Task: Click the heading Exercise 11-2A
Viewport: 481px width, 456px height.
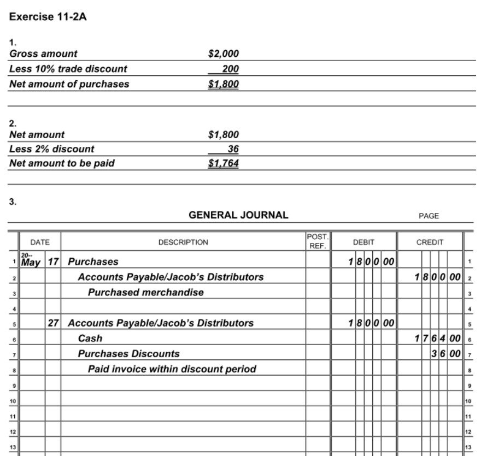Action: tap(48, 17)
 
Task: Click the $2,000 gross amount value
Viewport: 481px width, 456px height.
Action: tap(224, 54)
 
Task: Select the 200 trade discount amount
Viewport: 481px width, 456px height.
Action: tap(230, 69)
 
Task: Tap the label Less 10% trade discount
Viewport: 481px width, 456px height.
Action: tap(68, 69)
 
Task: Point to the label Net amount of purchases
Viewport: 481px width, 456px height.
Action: tap(69, 84)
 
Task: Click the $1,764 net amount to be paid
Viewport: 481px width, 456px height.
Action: tap(224, 163)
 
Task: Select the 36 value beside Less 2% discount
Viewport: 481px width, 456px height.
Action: tap(233, 149)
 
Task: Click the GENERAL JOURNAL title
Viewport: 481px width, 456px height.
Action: tap(238, 215)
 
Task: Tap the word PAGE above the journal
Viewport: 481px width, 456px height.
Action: tap(429, 216)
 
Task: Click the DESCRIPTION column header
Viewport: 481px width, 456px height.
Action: tap(183, 242)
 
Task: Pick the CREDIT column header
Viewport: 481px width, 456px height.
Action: tap(430, 242)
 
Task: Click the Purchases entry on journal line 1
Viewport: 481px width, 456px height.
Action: tap(93, 262)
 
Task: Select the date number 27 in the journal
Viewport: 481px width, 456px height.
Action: tap(53, 323)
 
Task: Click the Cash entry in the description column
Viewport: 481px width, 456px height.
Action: tap(90, 338)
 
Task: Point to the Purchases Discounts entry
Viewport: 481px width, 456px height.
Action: tap(128, 353)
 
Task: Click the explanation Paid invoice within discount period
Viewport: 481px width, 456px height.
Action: tap(172, 369)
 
